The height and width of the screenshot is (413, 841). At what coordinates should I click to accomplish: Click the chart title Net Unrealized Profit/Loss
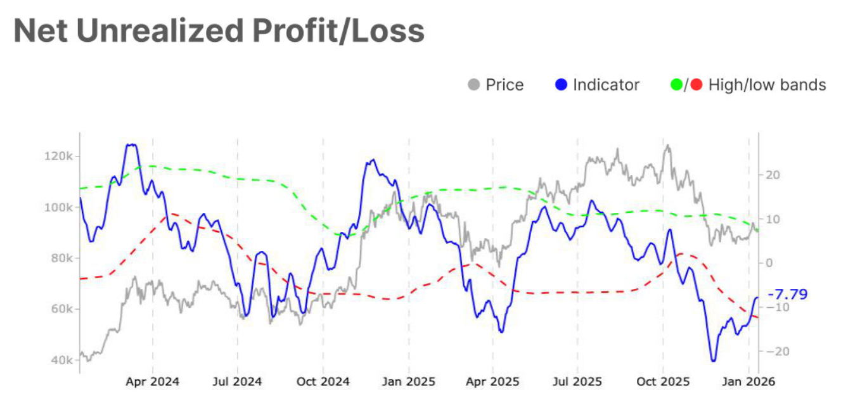tap(219, 31)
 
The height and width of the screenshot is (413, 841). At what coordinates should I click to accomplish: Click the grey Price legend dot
tap(473, 85)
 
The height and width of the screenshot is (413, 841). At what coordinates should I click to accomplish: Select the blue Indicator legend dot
tap(560, 85)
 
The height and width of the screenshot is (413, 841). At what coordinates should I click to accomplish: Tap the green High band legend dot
tap(676, 85)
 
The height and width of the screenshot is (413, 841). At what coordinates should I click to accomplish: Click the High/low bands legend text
tap(767, 85)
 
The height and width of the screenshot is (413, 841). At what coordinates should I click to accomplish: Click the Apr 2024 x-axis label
tap(152, 383)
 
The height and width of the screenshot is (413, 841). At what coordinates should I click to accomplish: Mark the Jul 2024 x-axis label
tap(238, 383)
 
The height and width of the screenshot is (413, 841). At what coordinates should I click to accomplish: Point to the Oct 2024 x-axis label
tap(323, 383)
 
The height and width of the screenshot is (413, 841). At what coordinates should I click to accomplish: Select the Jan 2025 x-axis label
tap(409, 383)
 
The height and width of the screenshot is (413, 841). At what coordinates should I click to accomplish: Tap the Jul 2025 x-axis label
tap(577, 383)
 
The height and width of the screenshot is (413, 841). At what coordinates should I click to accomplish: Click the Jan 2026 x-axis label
tap(749, 383)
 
